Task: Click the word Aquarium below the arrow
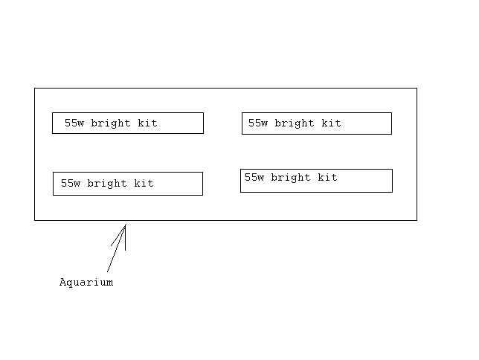click(86, 283)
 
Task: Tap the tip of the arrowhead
click(126, 225)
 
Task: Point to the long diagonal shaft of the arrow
click(116, 248)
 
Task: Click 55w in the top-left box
click(74, 123)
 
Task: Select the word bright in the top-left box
click(111, 123)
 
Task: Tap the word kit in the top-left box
click(147, 123)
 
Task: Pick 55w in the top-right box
click(258, 123)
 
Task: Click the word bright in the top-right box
click(295, 123)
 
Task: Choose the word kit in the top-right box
click(331, 123)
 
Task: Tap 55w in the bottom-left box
click(71, 183)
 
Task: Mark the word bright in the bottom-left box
click(107, 184)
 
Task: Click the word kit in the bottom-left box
click(144, 183)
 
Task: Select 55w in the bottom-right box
click(254, 177)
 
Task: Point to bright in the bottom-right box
click(291, 178)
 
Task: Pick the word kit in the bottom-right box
click(327, 177)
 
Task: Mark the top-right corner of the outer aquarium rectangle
click(417, 88)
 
